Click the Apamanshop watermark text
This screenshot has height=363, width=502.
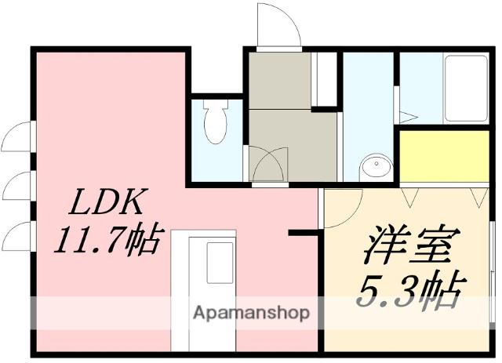coord(251,313)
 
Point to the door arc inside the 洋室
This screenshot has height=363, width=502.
coord(341,209)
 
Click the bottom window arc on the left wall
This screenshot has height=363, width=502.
coord(16,236)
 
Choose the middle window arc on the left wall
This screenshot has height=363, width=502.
coord(16,187)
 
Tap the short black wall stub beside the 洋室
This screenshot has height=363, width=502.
coord(301,232)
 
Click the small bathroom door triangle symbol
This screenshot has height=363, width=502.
coord(406,117)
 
